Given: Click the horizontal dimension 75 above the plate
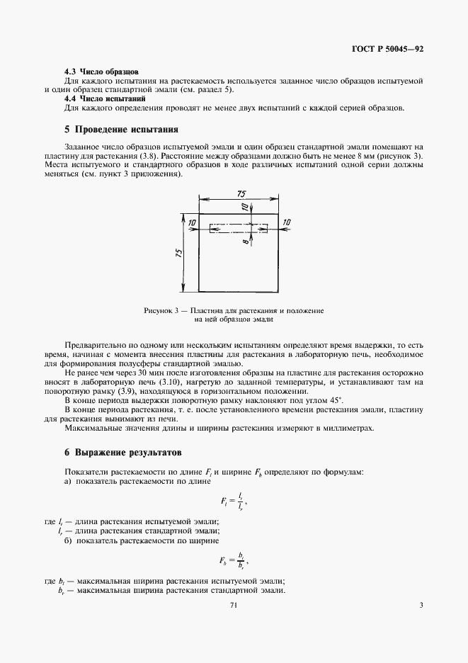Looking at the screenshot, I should click(240, 194).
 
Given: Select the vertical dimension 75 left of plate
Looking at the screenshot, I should click(179, 251).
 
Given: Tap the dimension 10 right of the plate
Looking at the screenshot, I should click(286, 222).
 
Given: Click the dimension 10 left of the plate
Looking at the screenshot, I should click(191, 222).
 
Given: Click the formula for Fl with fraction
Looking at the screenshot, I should click(234, 502).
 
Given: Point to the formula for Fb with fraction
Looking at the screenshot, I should click(234, 560).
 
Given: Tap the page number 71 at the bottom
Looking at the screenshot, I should click(234, 605).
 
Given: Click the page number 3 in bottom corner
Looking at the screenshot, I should click(421, 605).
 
